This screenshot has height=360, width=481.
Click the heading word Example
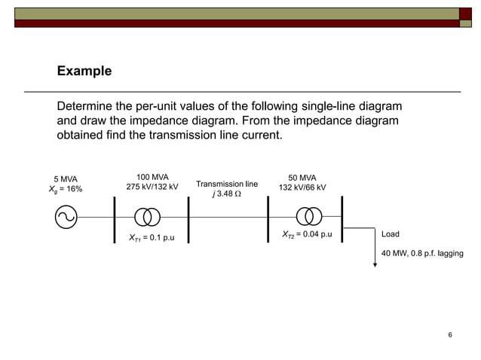[84, 72]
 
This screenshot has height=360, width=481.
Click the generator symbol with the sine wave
[65, 217]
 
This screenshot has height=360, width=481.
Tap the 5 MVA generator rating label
[65, 178]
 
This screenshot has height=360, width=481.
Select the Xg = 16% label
[65, 189]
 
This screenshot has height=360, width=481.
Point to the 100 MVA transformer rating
[152, 177]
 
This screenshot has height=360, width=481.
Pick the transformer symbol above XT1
[148, 217]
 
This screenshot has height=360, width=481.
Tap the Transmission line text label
[226, 184]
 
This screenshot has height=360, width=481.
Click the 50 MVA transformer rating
[302, 178]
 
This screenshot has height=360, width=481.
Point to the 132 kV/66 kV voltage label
[302, 188]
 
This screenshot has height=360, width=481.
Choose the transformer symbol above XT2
[308, 217]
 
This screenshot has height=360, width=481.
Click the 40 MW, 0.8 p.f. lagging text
[422, 254]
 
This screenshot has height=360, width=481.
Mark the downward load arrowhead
[375, 264]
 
